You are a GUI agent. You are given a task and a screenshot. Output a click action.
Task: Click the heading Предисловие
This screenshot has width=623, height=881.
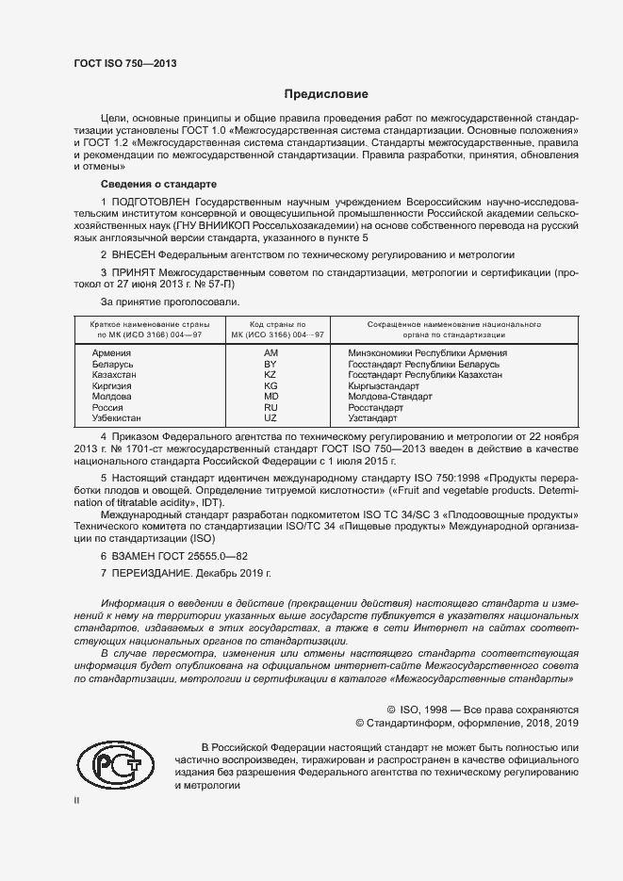click(x=327, y=94)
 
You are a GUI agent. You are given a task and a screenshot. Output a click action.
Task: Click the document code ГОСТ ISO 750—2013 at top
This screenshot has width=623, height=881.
click(x=124, y=63)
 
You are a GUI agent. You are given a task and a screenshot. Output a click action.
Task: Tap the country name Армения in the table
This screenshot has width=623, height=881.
click(x=111, y=351)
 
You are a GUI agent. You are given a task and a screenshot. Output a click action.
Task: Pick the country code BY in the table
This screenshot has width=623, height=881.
click(x=270, y=363)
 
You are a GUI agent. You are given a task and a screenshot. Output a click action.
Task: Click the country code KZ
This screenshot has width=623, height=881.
click(x=270, y=374)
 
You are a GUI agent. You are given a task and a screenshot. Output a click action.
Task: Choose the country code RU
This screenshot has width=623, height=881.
click(x=270, y=407)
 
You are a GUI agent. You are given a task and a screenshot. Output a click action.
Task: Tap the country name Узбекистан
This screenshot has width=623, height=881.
click(x=117, y=417)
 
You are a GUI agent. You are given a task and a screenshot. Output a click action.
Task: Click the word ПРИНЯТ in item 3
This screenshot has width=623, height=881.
click(x=133, y=272)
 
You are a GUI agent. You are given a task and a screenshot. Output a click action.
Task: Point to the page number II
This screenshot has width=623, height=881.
click(x=77, y=800)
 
